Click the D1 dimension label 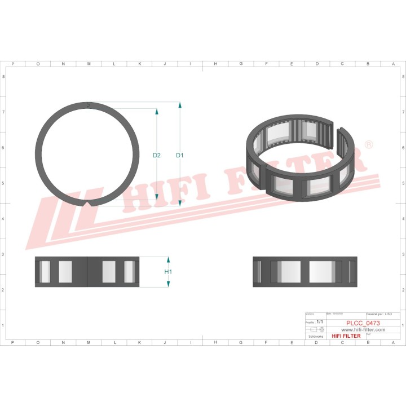click(180, 155)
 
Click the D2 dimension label click(157, 155)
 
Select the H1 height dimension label click(168, 272)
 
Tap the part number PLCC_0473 click(363, 323)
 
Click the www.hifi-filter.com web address click(363, 329)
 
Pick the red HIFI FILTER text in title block click(346, 336)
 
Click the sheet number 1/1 click(320, 321)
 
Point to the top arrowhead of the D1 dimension click(180, 105)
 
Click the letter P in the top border click(12, 64)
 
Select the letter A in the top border click(393, 64)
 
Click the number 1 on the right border click(402, 325)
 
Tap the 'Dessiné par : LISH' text click(383, 314)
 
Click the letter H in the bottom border click(215, 342)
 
